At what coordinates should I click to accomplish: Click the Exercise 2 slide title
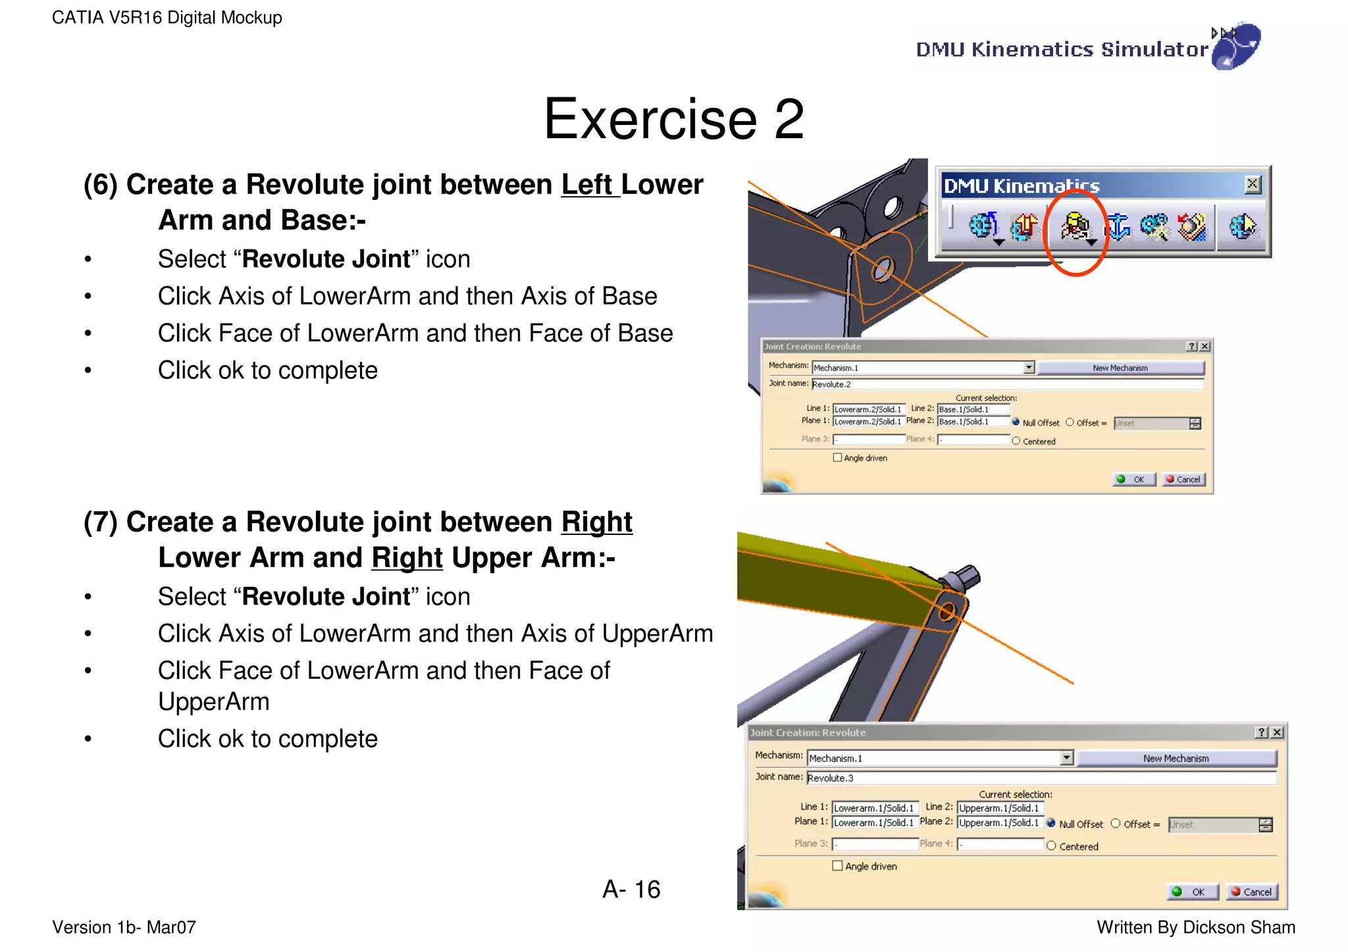pos(673,119)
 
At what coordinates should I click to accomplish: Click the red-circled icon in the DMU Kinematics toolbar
pos(1074,228)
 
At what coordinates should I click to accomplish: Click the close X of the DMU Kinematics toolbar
pos(1253,184)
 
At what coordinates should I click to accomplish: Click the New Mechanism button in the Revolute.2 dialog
pos(1120,368)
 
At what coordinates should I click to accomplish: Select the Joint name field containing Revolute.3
pos(1040,778)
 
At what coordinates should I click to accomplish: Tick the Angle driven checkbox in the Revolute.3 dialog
pos(837,866)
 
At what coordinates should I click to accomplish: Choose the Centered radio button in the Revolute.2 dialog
pos(1016,441)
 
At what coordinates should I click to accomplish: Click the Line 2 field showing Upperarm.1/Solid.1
pos(1000,808)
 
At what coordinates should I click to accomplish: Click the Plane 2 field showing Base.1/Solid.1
pos(973,421)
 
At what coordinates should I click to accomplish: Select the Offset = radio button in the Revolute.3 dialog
pos(1116,824)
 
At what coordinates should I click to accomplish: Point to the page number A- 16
pos(631,889)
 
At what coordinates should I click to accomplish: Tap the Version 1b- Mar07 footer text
pos(124,927)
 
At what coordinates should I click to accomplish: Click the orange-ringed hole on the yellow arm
pos(947,611)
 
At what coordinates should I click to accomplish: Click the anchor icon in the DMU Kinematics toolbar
pos(1117,227)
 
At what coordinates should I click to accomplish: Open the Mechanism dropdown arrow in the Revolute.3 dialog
pos(1067,758)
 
